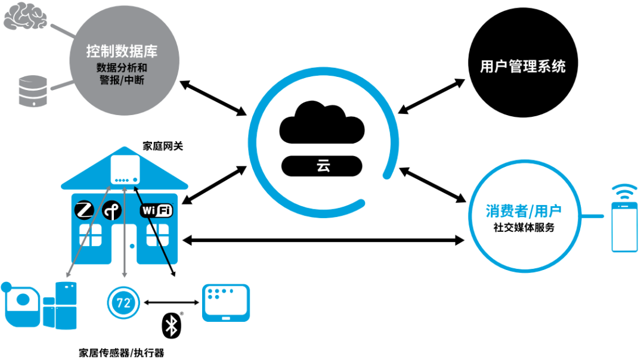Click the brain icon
click(25, 16)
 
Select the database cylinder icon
click(33, 91)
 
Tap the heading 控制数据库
click(122, 51)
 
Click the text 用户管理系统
click(522, 66)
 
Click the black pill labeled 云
click(321, 166)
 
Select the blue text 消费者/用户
click(524, 211)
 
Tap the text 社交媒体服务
click(524, 228)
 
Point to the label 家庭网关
click(163, 146)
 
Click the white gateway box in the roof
click(125, 169)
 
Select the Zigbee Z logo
click(85, 210)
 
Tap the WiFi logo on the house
click(156, 210)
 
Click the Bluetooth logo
click(171, 326)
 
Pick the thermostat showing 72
click(123, 303)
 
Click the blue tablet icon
click(226, 303)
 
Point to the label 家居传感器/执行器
click(122, 353)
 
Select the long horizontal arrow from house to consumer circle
click(323, 240)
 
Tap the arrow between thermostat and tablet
click(171, 303)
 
